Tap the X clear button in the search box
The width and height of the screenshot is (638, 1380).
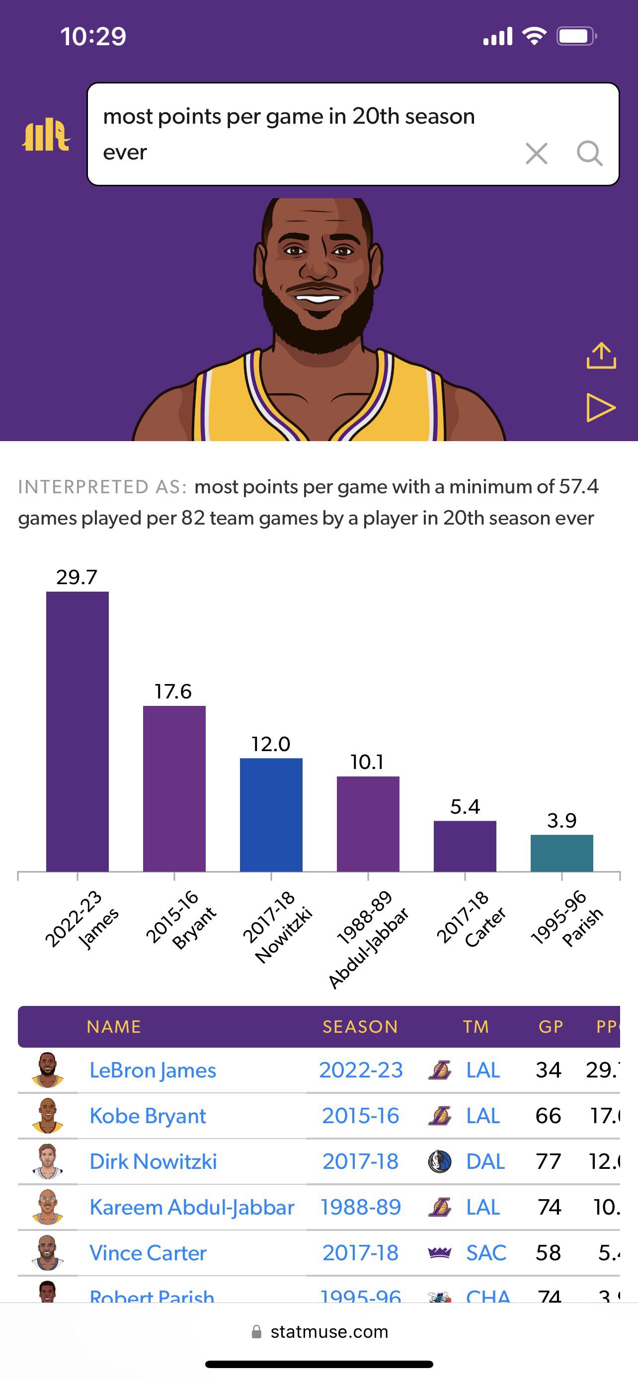(x=536, y=154)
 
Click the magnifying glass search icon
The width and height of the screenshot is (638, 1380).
(x=589, y=154)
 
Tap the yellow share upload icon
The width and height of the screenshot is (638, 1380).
(x=601, y=356)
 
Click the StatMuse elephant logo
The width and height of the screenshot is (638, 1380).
(x=46, y=135)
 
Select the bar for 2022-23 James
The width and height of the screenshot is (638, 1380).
(x=77, y=731)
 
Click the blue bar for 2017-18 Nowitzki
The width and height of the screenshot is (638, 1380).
(x=271, y=814)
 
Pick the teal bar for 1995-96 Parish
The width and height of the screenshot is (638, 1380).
(x=561, y=853)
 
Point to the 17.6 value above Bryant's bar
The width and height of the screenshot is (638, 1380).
(x=173, y=691)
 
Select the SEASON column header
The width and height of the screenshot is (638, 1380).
(x=360, y=1026)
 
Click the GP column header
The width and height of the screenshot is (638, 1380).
(x=551, y=1026)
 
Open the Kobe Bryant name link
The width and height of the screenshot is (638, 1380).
(x=148, y=1116)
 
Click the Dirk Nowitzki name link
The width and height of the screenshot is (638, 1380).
(x=153, y=1161)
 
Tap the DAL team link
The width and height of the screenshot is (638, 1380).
(x=485, y=1161)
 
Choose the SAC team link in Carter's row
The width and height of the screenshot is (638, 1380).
(x=486, y=1253)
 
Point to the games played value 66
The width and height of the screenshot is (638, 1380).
(x=548, y=1116)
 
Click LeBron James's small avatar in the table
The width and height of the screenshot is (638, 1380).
(x=48, y=1070)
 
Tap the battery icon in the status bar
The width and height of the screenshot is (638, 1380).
(x=576, y=36)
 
